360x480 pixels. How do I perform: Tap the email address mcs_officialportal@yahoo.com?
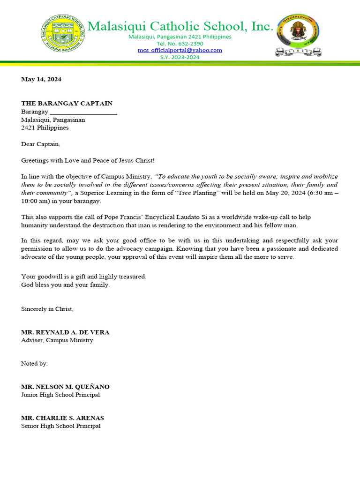[180, 50]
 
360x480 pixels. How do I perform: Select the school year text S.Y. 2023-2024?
[180, 57]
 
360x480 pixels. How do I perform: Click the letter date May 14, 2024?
[41, 79]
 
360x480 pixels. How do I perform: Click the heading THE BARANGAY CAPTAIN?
[67, 104]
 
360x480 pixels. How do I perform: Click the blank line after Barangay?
[83, 112]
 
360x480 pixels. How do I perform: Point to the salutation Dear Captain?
[41, 144]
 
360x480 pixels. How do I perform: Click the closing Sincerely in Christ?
[47, 309]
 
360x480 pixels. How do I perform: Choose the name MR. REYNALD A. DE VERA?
[65, 332]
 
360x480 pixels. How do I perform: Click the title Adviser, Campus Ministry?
[57, 340]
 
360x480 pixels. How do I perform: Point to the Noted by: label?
[34, 364]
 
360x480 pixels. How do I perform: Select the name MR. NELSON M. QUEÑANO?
[66, 387]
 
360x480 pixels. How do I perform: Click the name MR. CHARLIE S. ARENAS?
[62, 418]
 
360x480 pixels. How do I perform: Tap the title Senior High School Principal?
[60, 426]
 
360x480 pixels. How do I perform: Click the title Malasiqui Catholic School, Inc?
[180, 27]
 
